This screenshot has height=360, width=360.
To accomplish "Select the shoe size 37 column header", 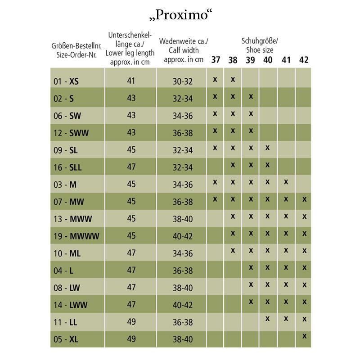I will pyautogui.click(x=216, y=60).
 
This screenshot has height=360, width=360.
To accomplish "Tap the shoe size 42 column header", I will pyautogui.click(x=304, y=60).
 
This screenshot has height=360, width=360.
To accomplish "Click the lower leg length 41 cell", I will pyautogui.click(x=131, y=81).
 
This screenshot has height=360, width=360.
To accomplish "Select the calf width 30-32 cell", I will pyautogui.click(x=183, y=81).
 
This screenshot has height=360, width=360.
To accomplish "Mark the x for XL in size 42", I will pyautogui.click(x=305, y=336).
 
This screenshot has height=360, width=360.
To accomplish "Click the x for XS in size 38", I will pyautogui.click(x=233, y=79).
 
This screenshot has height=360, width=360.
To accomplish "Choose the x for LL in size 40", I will pyautogui.click(x=268, y=319).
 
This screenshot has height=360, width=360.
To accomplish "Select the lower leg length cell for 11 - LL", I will pyautogui.click(x=131, y=322).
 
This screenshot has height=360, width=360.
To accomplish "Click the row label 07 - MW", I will pyautogui.click(x=66, y=202).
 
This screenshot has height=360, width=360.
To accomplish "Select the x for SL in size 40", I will pyautogui.click(x=268, y=148).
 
